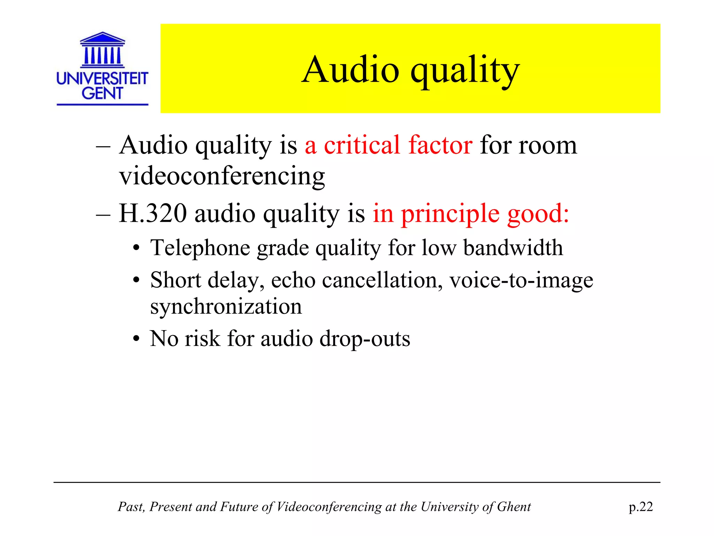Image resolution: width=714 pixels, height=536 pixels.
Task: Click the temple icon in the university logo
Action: pyautogui.click(x=102, y=50)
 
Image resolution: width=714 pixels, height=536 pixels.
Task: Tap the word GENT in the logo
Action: pyautogui.click(x=102, y=93)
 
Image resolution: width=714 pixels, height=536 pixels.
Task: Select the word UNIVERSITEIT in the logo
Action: pyautogui.click(x=102, y=79)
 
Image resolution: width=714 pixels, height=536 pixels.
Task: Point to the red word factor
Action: pyautogui.click(x=440, y=145)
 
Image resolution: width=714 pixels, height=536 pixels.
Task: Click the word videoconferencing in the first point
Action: pyautogui.click(x=222, y=176)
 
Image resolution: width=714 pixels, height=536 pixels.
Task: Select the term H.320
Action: pyautogui.click(x=153, y=213)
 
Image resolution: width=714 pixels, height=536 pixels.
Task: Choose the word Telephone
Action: pyautogui.click(x=200, y=248)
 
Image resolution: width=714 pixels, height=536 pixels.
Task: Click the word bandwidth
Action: pyautogui.click(x=513, y=248)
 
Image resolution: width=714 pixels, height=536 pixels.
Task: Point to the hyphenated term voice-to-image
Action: pyautogui.click(x=521, y=280)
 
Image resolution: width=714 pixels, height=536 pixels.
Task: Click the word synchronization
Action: pyautogui.click(x=226, y=306)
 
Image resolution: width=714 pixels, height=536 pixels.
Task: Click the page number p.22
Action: pyautogui.click(x=641, y=507)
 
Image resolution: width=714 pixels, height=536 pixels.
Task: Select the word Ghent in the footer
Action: pyautogui.click(x=514, y=507)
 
